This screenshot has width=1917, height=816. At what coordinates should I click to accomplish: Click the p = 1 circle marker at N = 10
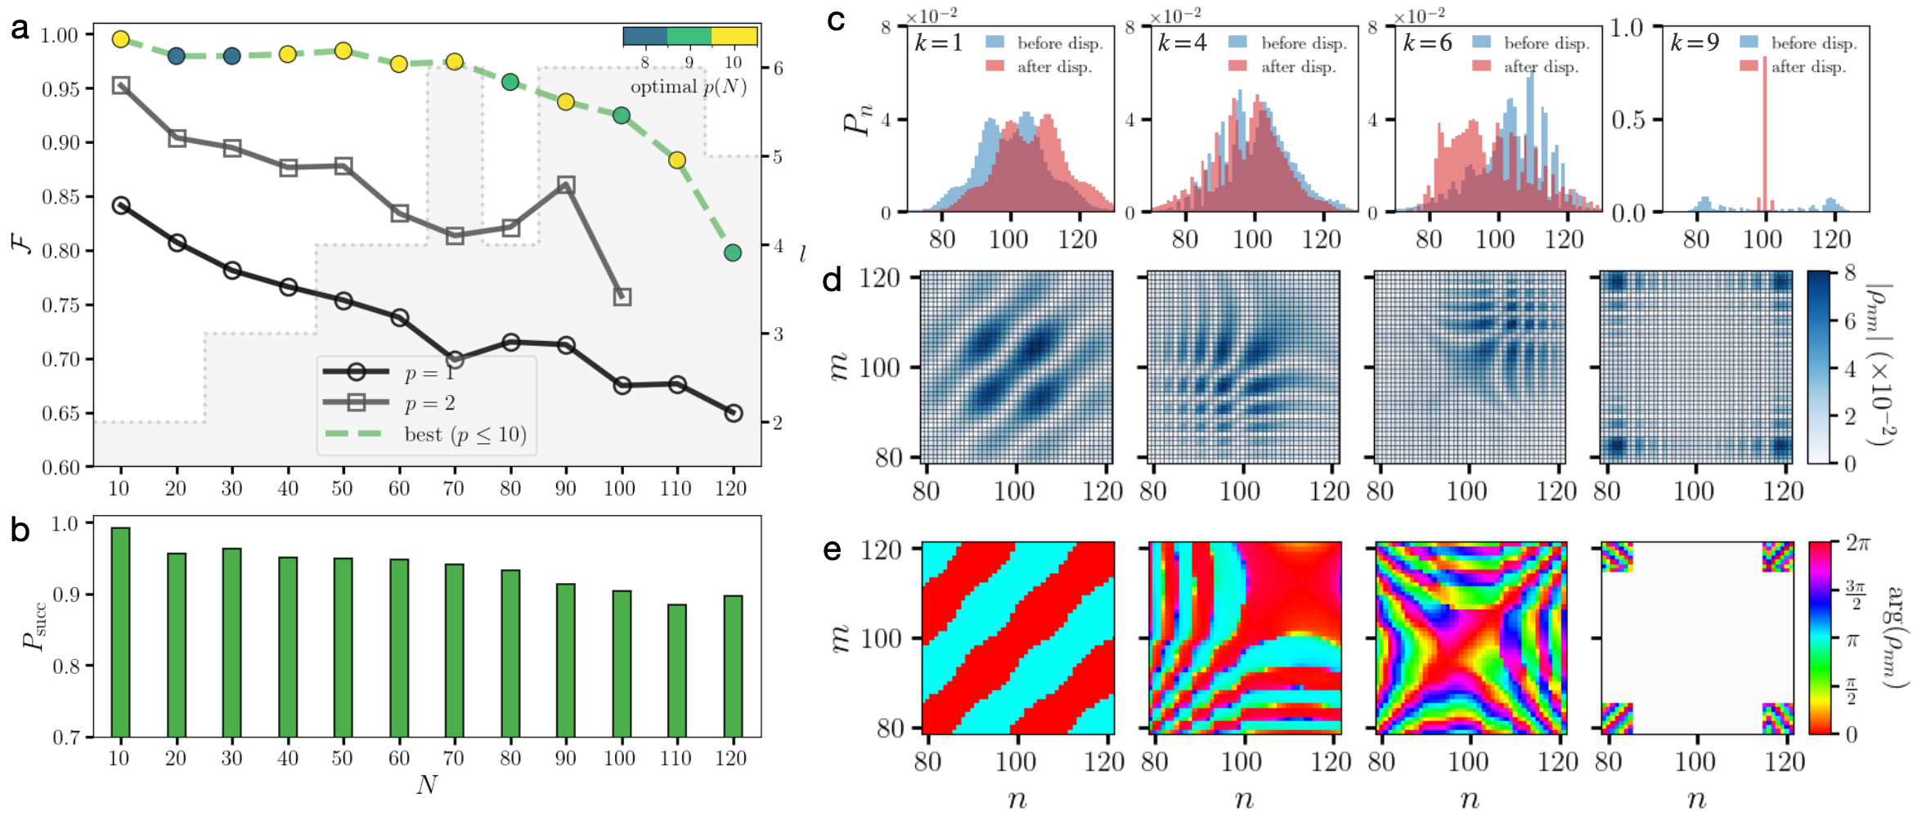(121, 205)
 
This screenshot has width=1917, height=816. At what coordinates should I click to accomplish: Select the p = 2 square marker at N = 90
(566, 186)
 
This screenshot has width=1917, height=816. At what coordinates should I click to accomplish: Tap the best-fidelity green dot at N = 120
(733, 253)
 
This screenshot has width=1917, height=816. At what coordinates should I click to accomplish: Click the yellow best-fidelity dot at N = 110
(677, 160)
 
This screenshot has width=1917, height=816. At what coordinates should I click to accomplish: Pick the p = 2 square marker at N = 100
(622, 297)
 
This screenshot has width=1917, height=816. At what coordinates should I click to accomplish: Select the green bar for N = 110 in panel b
(677, 670)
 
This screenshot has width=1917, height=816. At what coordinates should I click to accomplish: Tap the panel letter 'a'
(20, 29)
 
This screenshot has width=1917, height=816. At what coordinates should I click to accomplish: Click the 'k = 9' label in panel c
(1695, 43)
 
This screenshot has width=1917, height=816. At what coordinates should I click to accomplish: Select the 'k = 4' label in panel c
(1182, 43)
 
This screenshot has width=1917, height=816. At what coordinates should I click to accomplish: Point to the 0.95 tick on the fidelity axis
(61, 88)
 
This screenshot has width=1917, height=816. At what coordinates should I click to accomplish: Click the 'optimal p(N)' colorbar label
(688, 87)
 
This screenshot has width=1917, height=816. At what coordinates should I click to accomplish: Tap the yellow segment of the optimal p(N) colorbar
(734, 36)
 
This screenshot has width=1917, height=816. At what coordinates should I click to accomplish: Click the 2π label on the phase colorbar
(1858, 543)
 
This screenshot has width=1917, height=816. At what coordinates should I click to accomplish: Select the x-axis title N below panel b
(427, 785)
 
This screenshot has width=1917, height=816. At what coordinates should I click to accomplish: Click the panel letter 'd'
(833, 280)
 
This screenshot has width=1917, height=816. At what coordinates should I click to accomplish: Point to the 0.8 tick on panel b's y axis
(66, 666)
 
